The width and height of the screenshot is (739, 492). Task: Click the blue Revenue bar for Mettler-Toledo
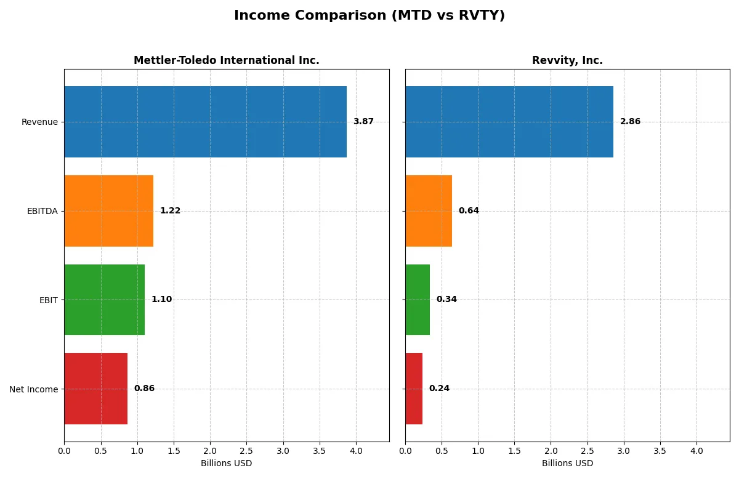click(205, 122)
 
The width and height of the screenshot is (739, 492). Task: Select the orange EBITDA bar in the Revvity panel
click(429, 211)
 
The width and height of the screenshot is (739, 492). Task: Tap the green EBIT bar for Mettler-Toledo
click(104, 300)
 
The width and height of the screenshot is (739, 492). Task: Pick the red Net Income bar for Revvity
click(414, 389)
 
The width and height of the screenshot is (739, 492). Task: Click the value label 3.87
click(363, 122)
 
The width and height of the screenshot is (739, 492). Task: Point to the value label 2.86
click(630, 122)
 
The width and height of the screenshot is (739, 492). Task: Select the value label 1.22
click(170, 211)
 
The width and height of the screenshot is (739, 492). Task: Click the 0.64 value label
click(469, 211)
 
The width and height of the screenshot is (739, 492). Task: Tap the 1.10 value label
click(161, 300)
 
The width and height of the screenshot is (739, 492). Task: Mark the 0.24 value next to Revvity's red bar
click(439, 389)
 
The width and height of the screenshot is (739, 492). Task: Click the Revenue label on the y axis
click(39, 122)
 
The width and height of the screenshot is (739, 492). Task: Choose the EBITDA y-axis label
click(42, 211)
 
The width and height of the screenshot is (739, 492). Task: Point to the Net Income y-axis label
click(34, 389)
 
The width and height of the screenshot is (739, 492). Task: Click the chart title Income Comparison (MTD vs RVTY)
click(369, 16)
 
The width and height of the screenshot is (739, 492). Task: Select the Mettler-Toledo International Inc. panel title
click(227, 60)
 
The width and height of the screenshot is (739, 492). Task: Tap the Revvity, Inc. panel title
click(567, 60)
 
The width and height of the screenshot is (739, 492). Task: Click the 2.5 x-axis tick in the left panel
click(246, 452)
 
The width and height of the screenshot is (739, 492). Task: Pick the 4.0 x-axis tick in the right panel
click(697, 452)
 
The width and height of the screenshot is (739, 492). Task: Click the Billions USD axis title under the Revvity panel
click(567, 464)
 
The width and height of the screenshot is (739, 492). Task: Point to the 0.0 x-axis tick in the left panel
click(64, 452)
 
